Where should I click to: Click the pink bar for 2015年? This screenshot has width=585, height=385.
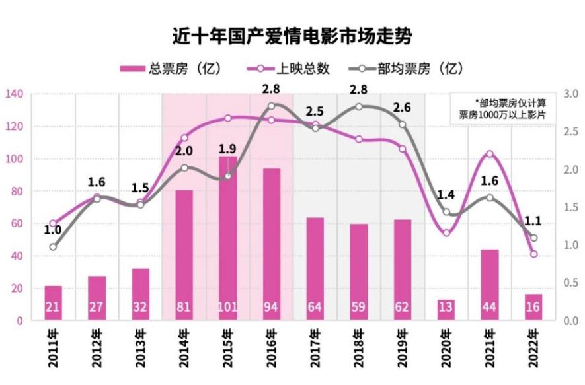[x=228, y=238]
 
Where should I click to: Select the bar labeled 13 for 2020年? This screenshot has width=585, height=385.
[x=446, y=310]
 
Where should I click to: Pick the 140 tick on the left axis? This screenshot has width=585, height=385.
[x=14, y=94]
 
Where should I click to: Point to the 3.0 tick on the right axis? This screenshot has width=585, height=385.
[x=570, y=94]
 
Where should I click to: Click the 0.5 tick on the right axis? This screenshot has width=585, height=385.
[x=570, y=283]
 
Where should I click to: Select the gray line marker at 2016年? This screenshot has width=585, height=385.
[x=272, y=106]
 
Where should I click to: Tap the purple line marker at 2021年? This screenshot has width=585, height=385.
[x=490, y=154]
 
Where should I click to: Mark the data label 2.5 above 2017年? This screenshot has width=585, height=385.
[x=315, y=110]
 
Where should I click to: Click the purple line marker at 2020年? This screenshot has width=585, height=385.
[x=446, y=232]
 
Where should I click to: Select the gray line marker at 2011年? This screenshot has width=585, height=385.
[x=54, y=247]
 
